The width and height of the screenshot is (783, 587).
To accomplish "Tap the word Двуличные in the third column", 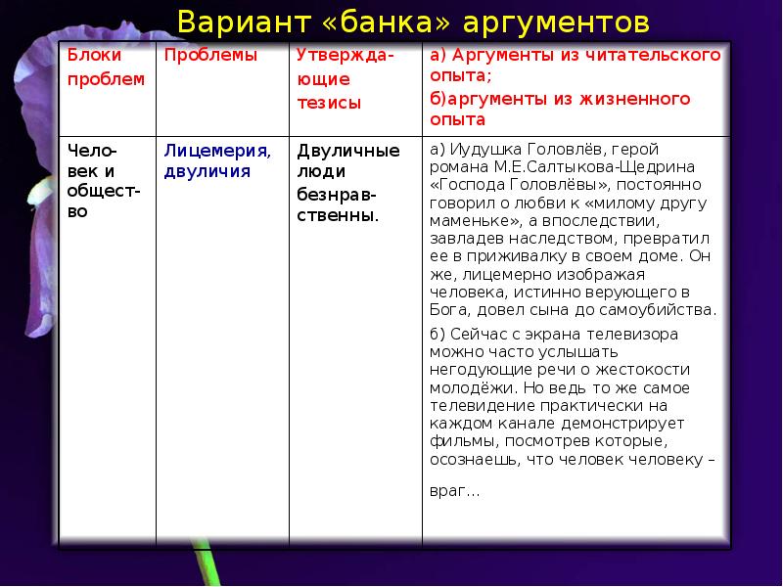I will click(x=347, y=151).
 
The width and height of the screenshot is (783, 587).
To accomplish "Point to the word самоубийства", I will click(x=667, y=310).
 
